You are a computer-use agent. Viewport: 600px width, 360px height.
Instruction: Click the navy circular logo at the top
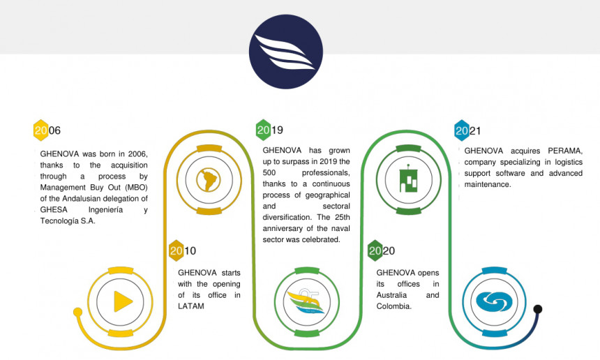point(286,52)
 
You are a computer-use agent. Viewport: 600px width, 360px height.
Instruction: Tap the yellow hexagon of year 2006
point(40,130)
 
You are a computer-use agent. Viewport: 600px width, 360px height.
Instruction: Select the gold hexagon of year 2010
point(176,250)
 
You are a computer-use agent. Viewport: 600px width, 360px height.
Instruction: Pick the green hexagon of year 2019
point(263,130)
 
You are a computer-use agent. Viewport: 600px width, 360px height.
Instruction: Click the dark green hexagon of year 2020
point(375,250)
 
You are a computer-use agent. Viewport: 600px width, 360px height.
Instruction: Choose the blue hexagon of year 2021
point(461,130)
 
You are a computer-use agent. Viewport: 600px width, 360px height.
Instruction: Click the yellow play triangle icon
point(123,301)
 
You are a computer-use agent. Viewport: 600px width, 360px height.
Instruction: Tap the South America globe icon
point(209,180)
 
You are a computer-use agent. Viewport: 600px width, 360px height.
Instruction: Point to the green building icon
point(408,179)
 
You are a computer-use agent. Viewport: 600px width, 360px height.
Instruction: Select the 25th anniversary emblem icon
point(306,301)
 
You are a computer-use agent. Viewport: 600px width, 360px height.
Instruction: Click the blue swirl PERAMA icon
point(494,301)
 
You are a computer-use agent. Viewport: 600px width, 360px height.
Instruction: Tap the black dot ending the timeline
point(538,309)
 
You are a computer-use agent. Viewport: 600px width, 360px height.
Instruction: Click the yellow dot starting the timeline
point(77,312)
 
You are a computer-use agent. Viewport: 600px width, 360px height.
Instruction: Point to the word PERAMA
point(565,151)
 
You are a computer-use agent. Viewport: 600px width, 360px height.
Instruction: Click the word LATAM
point(191,306)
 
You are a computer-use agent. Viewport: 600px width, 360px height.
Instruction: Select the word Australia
point(391,295)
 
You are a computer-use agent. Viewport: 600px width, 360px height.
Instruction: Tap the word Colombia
point(393,306)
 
